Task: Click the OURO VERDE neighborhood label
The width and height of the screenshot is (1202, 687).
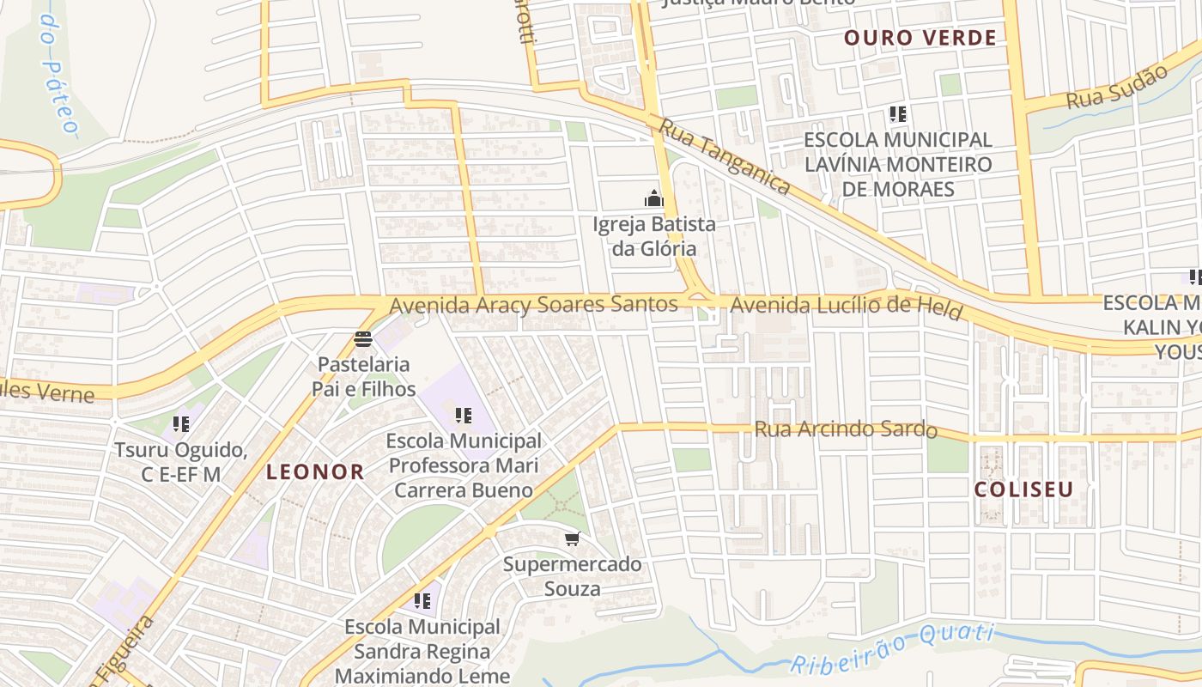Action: coord(920,38)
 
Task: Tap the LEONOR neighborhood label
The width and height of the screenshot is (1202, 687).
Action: coord(315,471)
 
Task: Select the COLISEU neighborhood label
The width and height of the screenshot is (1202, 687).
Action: coord(1023,489)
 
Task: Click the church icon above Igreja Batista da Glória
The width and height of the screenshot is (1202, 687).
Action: coord(654,199)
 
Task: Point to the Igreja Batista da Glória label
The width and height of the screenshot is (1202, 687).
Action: coord(653,236)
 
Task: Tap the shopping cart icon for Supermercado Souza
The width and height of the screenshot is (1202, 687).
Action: coord(572,538)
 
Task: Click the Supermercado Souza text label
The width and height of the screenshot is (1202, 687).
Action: coord(572,576)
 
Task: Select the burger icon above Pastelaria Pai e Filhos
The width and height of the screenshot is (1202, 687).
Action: coord(363,339)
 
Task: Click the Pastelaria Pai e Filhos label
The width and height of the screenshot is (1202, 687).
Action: coord(363,377)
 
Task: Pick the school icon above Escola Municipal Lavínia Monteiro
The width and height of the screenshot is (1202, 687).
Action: coord(898,113)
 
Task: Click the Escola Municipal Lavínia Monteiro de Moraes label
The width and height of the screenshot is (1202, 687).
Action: coord(898,164)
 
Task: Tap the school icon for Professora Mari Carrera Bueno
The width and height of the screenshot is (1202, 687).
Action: coord(464,416)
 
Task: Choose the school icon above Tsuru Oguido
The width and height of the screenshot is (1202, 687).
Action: coord(181,423)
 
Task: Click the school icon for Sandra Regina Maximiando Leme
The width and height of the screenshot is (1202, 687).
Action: coord(422,600)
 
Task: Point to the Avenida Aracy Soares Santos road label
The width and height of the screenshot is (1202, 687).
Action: coord(533,305)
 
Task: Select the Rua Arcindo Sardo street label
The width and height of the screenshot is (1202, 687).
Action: coord(845,429)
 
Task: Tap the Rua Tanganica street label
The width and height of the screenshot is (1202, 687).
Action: coord(724,156)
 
